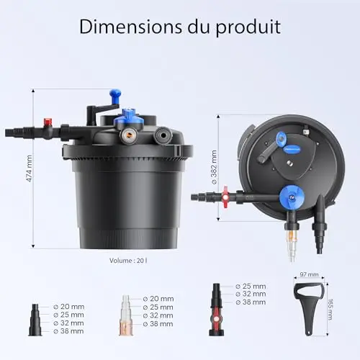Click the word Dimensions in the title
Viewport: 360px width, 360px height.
pyautogui.click(x=130, y=27)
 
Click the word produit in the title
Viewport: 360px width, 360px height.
pyautogui.click(x=248, y=28)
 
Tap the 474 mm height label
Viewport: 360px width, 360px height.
pyautogui.click(x=29, y=168)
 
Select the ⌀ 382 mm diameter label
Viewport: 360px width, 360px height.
pyautogui.click(x=214, y=167)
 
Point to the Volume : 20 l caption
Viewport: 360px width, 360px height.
pyautogui.click(x=128, y=261)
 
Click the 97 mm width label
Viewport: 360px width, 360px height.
pyautogui.click(x=309, y=274)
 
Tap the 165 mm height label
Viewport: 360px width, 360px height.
pyautogui.click(x=330, y=310)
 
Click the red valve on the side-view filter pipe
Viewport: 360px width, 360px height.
pyautogui.click(x=48, y=122)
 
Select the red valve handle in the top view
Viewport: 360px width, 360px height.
pyautogui.click(x=225, y=197)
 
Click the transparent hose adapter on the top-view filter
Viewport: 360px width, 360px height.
pyautogui.click(x=292, y=244)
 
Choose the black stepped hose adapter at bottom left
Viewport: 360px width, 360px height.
pyautogui.click(x=35, y=320)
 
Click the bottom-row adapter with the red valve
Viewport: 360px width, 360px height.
pyautogui.click(x=216, y=310)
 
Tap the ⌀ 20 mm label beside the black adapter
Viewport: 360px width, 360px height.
pyautogui.click(x=68, y=307)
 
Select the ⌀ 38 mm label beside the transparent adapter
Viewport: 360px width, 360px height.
pyautogui.click(x=158, y=324)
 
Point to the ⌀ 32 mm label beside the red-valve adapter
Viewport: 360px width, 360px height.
pyautogui.click(x=251, y=294)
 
